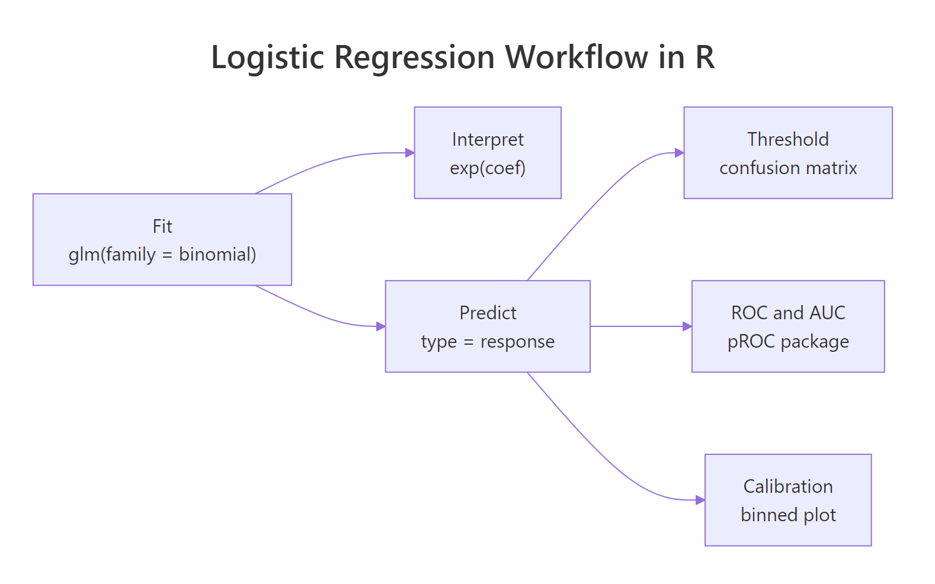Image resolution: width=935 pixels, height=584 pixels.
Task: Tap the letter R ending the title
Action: pos(705,57)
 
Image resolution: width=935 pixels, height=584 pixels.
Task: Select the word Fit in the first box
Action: pos(162,226)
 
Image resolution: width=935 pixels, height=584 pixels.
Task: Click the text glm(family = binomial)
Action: pos(162,255)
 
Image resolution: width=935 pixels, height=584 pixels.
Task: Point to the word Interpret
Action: pos(488,139)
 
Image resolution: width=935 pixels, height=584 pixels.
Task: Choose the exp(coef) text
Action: pos(488,168)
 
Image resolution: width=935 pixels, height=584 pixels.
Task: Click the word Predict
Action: pos(488,313)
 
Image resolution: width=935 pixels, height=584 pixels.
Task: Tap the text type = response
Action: pos(488,342)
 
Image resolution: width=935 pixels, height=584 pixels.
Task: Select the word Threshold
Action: pos(787,139)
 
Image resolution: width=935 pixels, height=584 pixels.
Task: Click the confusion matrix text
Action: pos(787,168)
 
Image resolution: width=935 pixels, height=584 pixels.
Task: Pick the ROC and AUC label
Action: pos(787,313)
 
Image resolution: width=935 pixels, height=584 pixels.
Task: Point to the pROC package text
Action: pos(787,342)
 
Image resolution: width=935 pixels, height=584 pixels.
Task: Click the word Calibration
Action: pos(787,486)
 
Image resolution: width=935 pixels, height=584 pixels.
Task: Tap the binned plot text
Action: pos(787,515)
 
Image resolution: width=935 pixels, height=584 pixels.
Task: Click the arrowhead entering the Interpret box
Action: pos(409,153)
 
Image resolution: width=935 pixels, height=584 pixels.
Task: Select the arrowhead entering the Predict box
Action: pos(380,326)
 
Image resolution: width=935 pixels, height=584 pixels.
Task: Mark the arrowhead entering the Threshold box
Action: pos(679,153)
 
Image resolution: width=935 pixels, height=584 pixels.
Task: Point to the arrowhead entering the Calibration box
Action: pos(700,500)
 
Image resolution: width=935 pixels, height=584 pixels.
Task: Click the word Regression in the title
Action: pos(414,57)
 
